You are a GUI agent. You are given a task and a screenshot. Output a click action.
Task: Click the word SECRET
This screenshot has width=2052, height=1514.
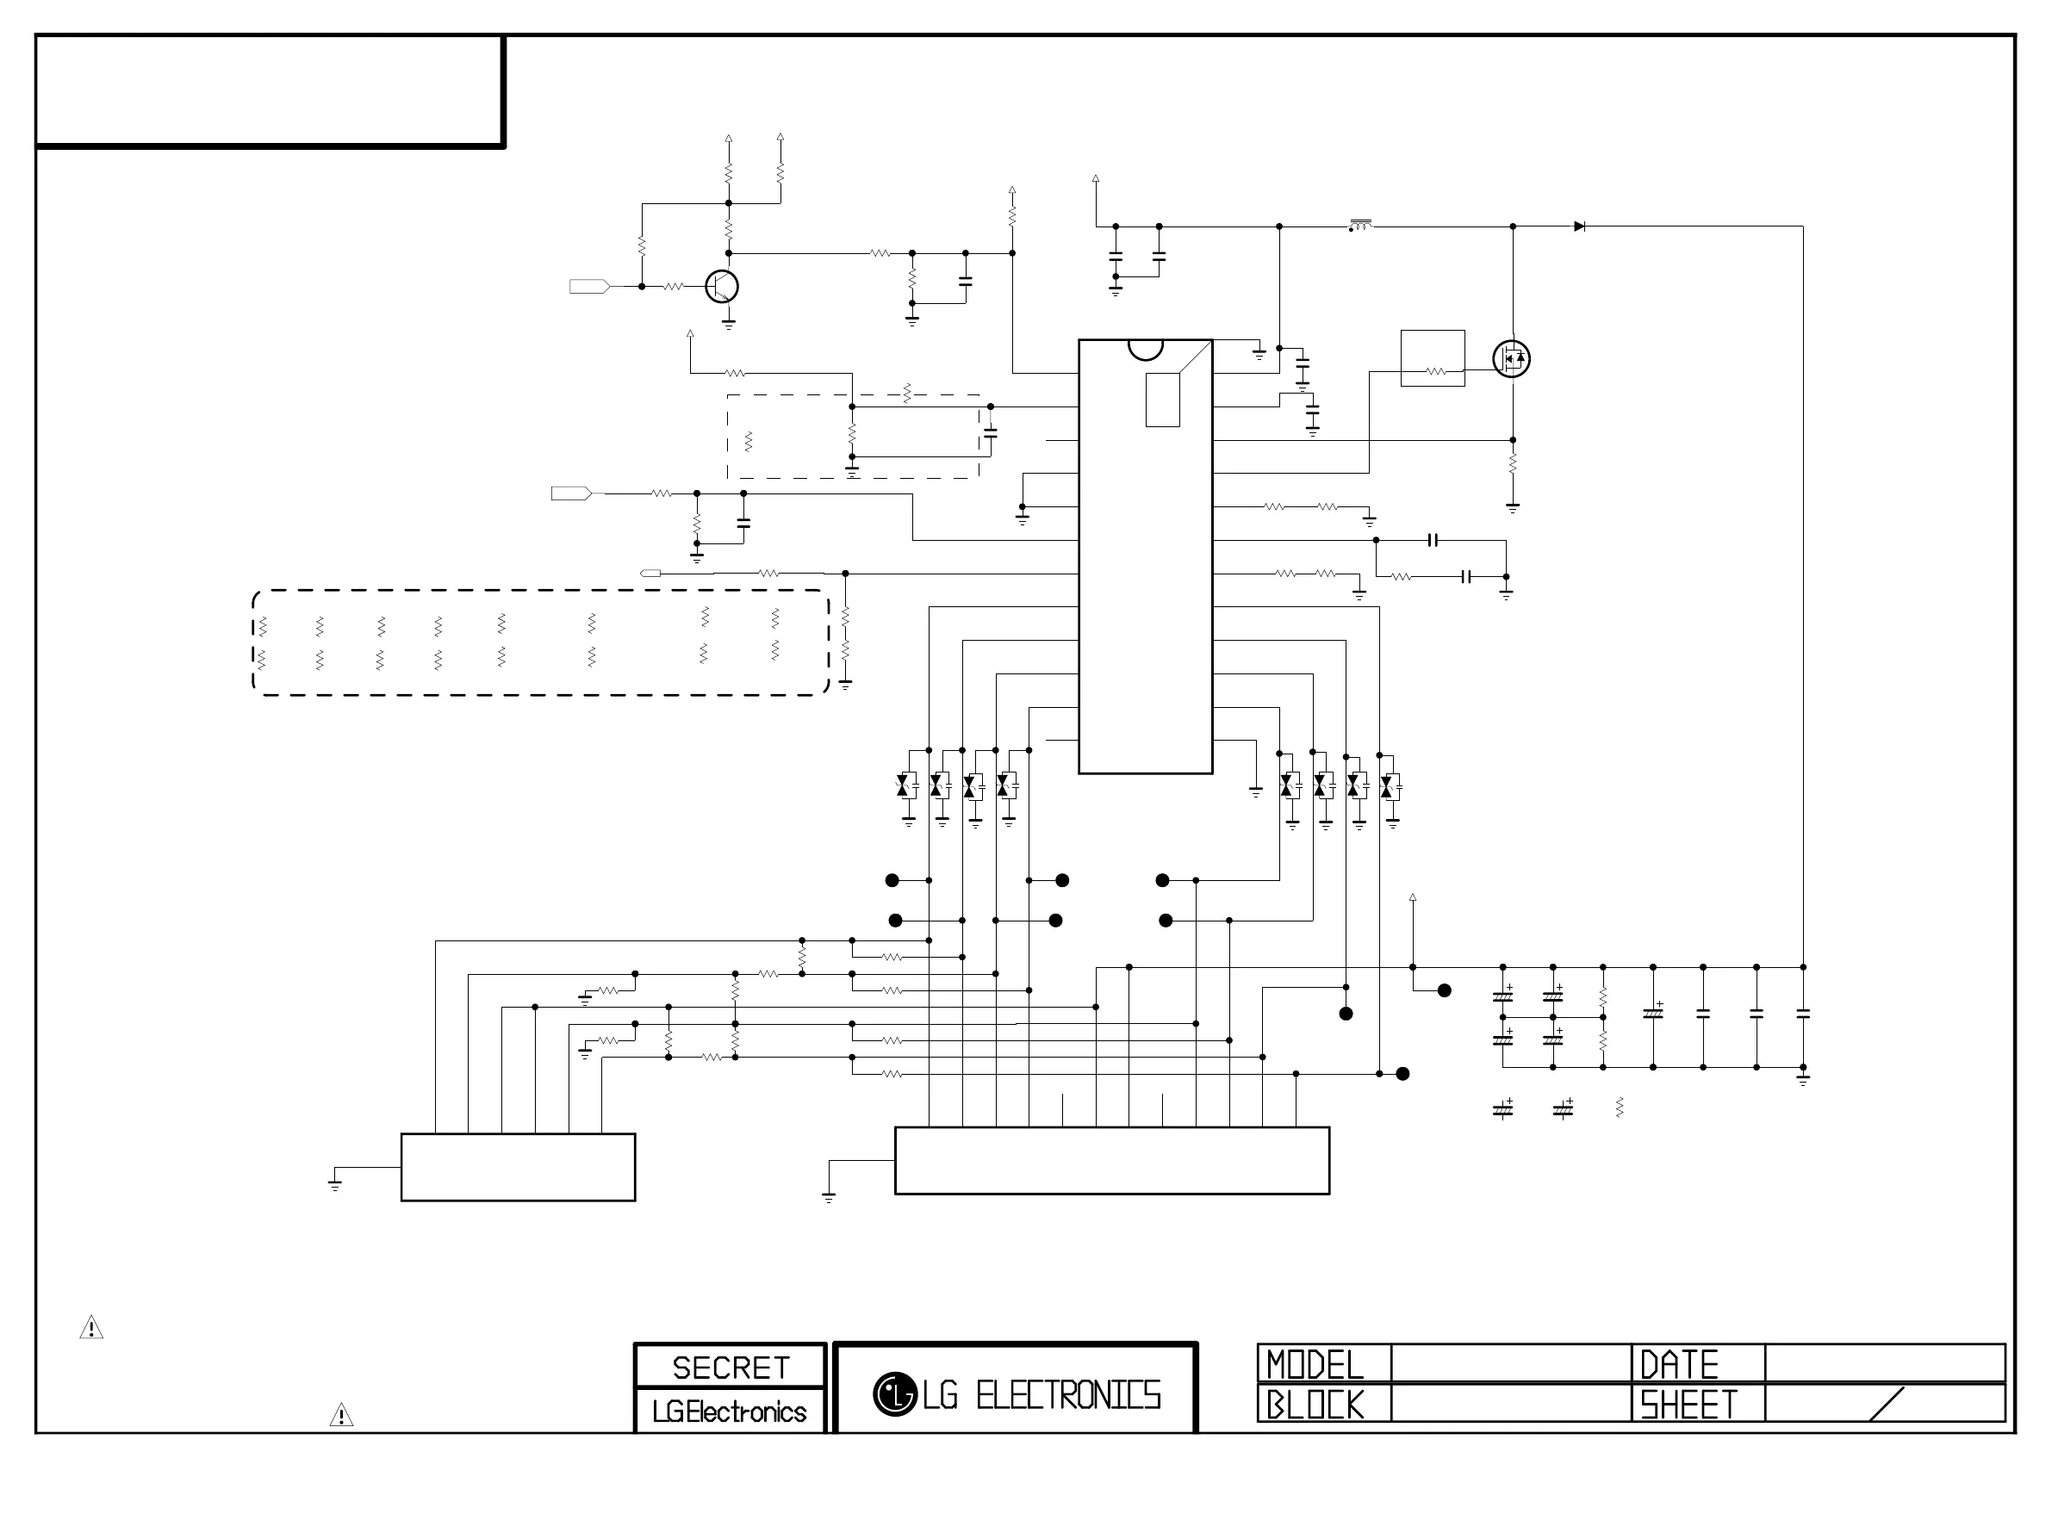coord(731,1368)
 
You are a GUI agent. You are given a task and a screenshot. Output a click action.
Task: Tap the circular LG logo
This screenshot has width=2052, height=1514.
coord(893,1394)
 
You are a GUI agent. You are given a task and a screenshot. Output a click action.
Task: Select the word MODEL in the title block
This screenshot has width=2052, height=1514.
coord(1315,1365)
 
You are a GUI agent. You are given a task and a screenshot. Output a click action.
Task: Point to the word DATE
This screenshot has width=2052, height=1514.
coord(1679,1365)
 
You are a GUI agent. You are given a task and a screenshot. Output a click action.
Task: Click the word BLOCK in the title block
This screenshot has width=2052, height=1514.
coord(1315,1404)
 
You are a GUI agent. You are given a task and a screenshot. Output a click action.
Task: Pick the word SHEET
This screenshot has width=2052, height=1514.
coord(1688,1404)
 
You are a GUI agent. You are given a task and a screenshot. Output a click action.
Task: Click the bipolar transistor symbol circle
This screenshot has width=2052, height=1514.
coord(722,287)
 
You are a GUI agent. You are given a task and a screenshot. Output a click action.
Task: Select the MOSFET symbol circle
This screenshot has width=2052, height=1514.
coord(1511,358)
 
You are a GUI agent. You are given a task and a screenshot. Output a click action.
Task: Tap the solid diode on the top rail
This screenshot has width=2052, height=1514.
coord(1579,226)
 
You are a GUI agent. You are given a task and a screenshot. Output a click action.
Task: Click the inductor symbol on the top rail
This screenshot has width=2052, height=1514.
coord(1361,226)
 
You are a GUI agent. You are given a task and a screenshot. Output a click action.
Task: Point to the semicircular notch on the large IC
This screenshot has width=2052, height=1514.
coord(1146,348)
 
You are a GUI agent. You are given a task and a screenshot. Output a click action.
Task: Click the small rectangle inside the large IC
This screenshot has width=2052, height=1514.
coord(1162,400)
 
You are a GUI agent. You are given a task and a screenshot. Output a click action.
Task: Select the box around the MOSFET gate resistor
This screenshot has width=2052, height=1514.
coord(1433,358)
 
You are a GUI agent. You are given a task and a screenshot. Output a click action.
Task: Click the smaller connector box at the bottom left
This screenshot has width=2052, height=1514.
coord(518,1167)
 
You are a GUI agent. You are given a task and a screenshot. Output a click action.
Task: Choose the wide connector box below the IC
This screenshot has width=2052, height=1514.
coord(1111,1160)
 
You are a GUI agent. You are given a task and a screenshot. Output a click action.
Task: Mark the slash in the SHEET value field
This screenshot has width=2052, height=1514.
coord(1886,1403)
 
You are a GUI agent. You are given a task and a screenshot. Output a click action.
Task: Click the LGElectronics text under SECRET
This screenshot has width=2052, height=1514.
coord(730,1412)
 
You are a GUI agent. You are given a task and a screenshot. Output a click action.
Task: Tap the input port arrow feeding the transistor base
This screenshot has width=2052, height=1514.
coord(589,287)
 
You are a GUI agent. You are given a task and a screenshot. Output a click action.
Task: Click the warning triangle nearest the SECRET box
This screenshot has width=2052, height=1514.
coord(341,1415)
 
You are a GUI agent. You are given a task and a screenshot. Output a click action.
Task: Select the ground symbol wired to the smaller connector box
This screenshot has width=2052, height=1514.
coord(334,1184)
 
